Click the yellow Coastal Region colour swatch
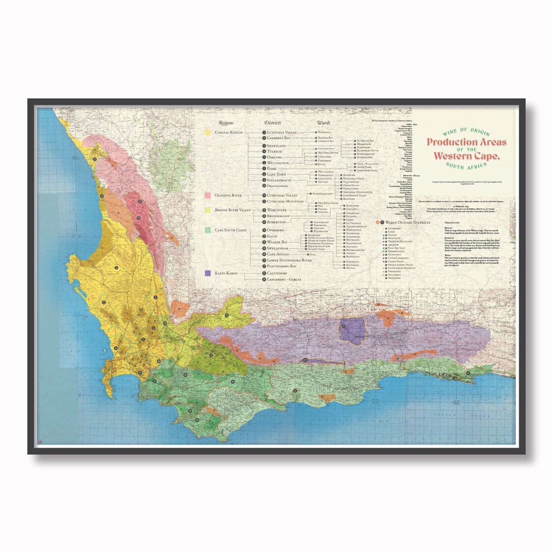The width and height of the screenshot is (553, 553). click(x=208, y=132)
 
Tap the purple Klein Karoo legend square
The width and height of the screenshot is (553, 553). click(x=208, y=273)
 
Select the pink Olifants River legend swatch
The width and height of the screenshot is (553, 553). click(x=208, y=196)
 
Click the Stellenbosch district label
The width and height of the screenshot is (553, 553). click(x=279, y=180)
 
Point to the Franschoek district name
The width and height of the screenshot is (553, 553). click(x=277, y=186)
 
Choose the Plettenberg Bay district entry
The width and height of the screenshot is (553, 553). click(x=281, y=266)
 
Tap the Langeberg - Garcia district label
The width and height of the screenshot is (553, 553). click(x=284, y=279)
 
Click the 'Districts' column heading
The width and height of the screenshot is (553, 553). click(x=272, y=123)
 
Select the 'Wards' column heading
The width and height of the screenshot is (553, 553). click(x=323, y=123)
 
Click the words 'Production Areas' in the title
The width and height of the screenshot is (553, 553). click(x=467, y=142)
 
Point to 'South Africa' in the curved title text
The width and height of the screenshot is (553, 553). click(x=467, y=166)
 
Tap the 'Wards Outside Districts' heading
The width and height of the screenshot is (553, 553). click(x=408, y=222)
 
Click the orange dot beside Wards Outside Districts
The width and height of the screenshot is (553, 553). click(x=378, y=222)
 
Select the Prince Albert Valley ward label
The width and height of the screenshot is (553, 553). click(x=401, y=265)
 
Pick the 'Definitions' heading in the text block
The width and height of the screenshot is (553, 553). click(x=452, y=222)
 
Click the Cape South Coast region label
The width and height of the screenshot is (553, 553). click(x=230, y=230)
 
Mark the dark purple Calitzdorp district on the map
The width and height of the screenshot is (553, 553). click(x=352, y=329)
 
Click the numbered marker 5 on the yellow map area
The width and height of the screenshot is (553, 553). click(x=104, y=302)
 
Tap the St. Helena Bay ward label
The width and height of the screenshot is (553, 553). click(x=365, y=141)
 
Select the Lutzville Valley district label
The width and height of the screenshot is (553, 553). click(x=282, y=132)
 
